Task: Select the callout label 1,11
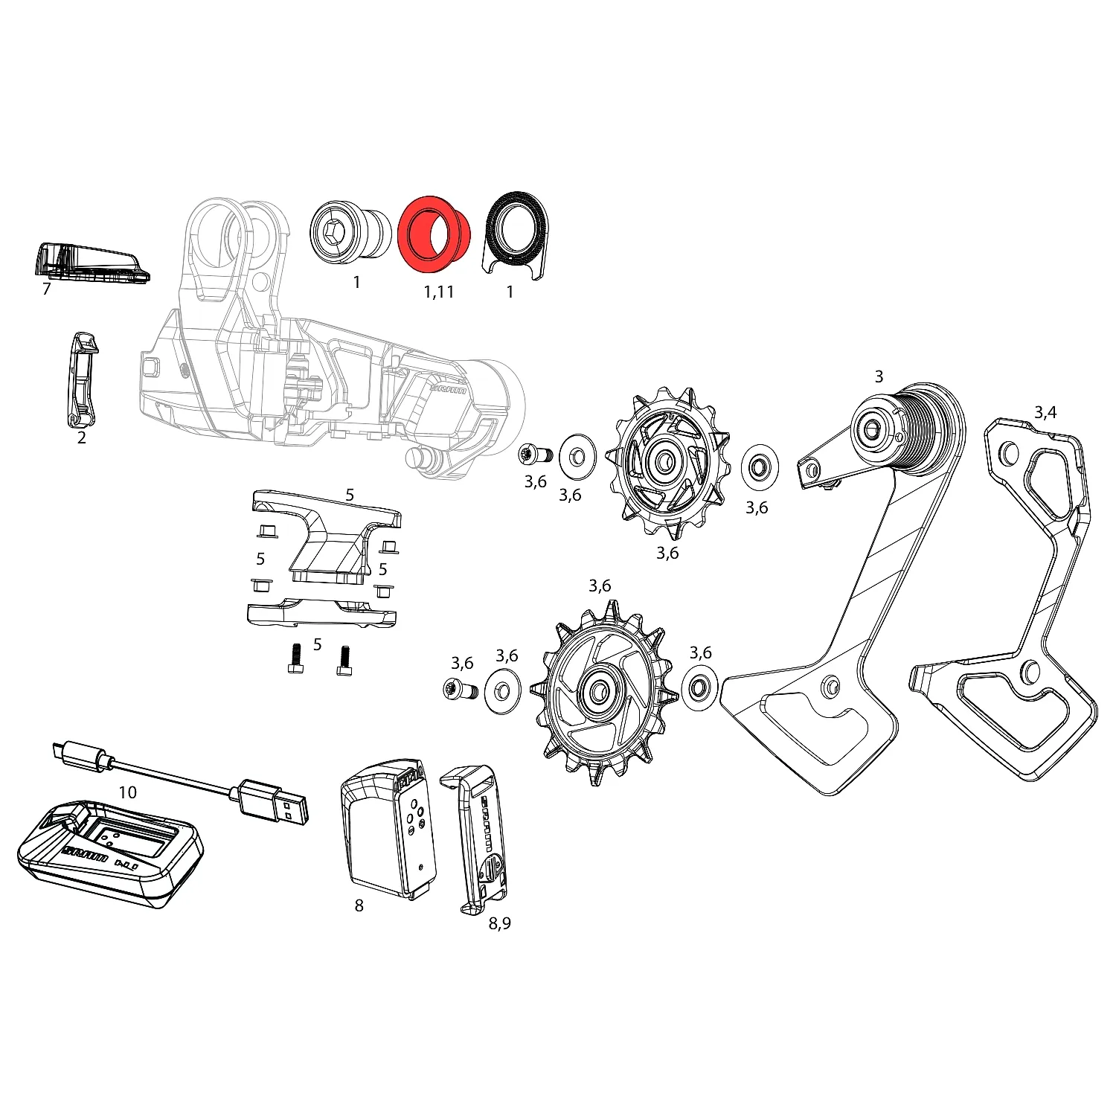[x=439, y=292]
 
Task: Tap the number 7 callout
[x=46, y=289]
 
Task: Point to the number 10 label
[x=128, y=792]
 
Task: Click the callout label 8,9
[x=500, y=923]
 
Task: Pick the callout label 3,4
[x=1045, y=413]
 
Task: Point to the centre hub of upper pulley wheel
[x=664, y=463]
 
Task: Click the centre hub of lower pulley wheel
[x=598, y=692]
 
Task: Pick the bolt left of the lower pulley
[x=460, y=690]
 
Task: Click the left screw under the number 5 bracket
[x=295, y=659]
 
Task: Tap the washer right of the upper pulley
[x=760, y=468]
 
